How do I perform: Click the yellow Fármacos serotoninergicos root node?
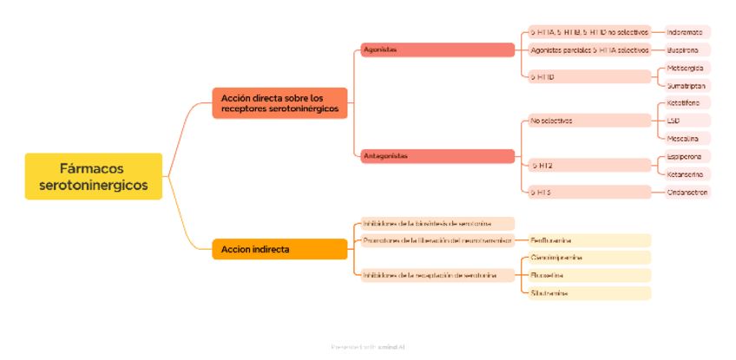click(x=93, y=176)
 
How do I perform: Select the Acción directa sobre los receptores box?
click(x=279, y=103)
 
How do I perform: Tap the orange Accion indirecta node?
click(x=279, y=249)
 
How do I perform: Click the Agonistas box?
click(x=437, y=49)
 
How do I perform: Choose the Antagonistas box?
click(x=437, y=156)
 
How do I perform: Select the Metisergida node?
click(x=686, y=68)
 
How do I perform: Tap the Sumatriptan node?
click(x=686, y=86)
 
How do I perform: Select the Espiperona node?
click(x=686, y=157)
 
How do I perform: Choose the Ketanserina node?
click(x=686, y=174)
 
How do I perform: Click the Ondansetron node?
click(x=687, y=193)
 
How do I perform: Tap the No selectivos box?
click(x=589, y=121)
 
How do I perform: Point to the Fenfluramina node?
click(x=589, y=240)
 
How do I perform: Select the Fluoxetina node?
click(x=589, y=275)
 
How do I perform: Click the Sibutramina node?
click(x=589, y=293)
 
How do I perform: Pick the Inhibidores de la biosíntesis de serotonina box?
click(x=437, y=223)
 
